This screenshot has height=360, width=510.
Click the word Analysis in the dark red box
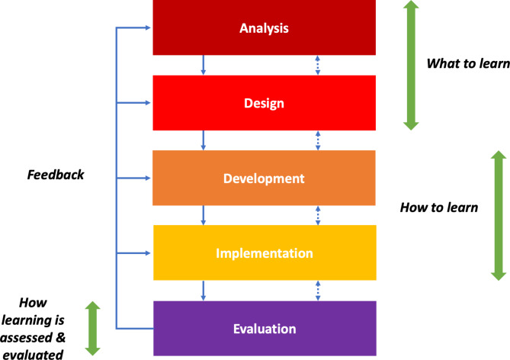(265, 29)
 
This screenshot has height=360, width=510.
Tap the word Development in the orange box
(264, 178)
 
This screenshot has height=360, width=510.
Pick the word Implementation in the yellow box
(264, 252)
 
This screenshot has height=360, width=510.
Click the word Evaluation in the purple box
(264, 329)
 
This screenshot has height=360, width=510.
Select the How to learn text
(438, 207)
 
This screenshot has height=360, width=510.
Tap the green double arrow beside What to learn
(410, 64)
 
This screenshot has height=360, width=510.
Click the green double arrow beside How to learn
(499, 215)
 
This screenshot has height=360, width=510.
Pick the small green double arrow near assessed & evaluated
(92, 328)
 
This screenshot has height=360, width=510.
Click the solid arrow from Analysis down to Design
(204, 65)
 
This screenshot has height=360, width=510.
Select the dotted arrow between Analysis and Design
(318, 65)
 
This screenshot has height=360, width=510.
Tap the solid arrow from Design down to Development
(204, 140)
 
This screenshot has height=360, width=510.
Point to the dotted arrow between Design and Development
(318, 140)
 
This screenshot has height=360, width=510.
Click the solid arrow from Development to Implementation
(204, 214)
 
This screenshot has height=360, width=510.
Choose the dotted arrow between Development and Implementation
(318, 214)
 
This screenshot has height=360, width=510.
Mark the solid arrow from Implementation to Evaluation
(204, 290)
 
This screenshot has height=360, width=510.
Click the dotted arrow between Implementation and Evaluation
(318, 290)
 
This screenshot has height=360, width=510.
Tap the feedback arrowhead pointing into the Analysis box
(149, 29)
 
